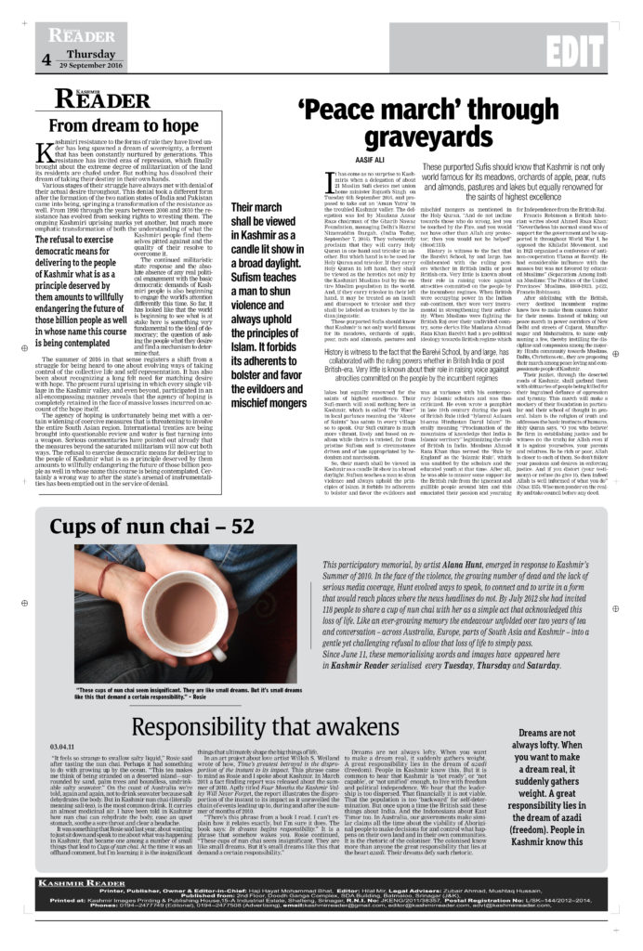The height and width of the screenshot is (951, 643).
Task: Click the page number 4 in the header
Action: [x=46, y=60]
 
